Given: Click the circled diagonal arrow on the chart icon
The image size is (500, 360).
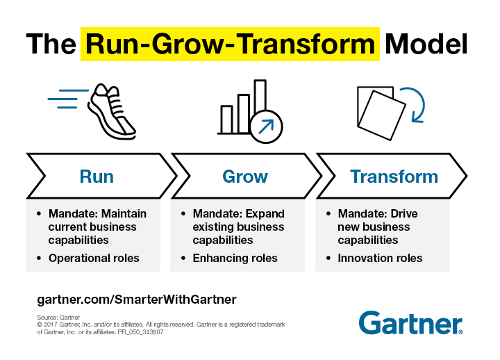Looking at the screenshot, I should click(266, 126).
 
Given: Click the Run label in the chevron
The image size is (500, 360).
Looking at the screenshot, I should click(97, 177).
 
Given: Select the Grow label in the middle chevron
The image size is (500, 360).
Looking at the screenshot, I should click(244, 177).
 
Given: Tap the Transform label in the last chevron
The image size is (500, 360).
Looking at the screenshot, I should click(394, 177).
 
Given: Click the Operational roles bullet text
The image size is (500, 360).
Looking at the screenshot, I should click(94, 258).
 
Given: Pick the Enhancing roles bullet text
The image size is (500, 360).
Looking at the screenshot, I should click(235, 258).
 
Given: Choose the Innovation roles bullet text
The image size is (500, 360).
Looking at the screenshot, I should click(380, 258).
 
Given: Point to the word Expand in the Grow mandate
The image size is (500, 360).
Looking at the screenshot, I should click(266, 213).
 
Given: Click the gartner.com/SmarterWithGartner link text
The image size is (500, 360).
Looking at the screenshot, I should click(137, 300).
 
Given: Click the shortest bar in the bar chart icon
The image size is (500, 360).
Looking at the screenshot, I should click(226, 119).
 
